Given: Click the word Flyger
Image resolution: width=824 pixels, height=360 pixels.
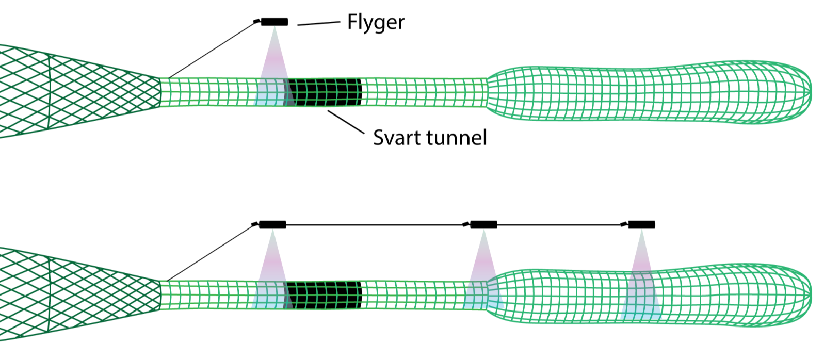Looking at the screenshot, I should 376,23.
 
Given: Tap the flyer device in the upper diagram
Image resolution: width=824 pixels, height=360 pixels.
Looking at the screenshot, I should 274,22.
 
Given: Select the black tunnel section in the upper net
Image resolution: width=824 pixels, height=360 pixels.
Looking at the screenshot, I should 324,92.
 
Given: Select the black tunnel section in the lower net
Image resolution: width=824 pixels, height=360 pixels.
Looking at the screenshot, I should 324,296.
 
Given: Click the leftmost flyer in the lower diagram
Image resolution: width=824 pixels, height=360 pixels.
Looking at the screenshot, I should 272,224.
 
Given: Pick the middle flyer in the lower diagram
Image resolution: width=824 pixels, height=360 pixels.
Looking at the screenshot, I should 483,224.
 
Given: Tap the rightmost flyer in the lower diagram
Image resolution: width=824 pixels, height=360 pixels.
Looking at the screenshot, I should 641,224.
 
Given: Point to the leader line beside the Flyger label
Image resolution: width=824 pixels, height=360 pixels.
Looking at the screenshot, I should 318,23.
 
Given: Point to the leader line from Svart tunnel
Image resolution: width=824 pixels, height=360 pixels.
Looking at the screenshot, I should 345,123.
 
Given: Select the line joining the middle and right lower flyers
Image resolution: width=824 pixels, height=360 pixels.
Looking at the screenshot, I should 560,225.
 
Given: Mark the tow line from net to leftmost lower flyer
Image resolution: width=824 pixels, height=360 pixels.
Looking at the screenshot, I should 212,253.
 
